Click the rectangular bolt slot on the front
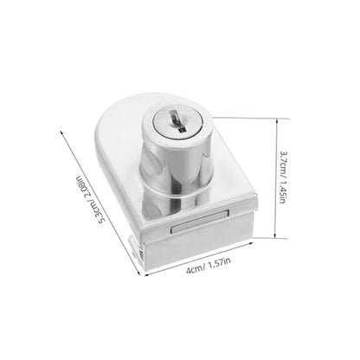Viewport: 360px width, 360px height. pos(200,222)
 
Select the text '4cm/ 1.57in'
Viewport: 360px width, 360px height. pos(209,266)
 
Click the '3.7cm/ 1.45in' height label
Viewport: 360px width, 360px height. pos(283,177)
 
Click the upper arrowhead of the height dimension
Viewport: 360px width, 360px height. pos(277,120)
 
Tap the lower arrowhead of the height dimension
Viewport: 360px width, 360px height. pos(275,235)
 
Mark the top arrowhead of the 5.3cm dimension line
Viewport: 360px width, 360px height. pos(62,132)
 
